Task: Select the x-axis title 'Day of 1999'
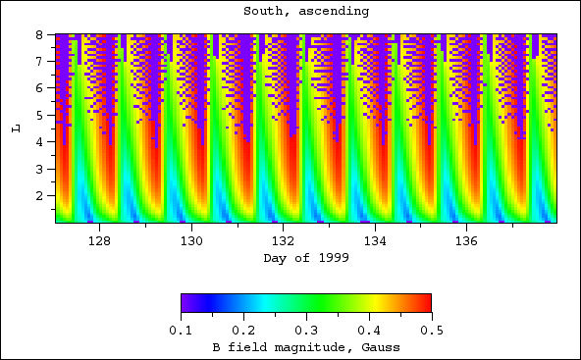click(306, 258)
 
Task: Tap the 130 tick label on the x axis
click(191, 239)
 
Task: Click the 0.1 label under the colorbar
click(182, 330)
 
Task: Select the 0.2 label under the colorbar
click(244, 330)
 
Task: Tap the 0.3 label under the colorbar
click(307, 330)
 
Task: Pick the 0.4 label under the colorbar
click(369, 330)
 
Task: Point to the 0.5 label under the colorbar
click(432, 330)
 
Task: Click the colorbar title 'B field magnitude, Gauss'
click(306, 347)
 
